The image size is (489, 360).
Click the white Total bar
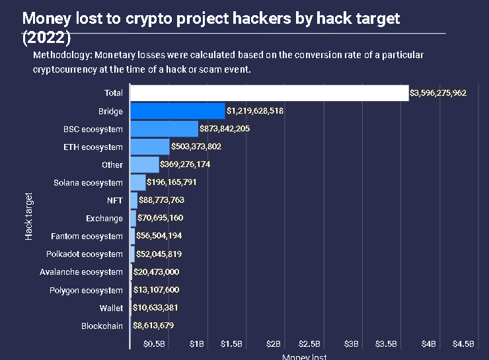(x=270, y=93)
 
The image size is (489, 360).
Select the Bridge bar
(x=178, y=111)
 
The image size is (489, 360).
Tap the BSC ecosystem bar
(x=164, y=129)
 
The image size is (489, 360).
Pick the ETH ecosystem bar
(x=150, y=147)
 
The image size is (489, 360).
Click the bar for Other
(x=145, y=164)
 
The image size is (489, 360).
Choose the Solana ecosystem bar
(x=138, y=182)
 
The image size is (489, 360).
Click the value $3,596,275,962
(x=439, y=94)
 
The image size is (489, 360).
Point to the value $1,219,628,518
(x=255, y=111)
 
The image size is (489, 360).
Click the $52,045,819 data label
(x=159, y=254)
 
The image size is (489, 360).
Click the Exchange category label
(x=104, y=219)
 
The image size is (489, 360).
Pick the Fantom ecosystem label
(x=87, y=236)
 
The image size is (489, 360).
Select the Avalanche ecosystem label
(x=81, y=272)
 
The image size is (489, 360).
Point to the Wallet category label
(x=111, y=308)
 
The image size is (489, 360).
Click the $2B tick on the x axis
(x=274, y=344)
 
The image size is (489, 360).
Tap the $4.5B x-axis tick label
(x=463, y=344)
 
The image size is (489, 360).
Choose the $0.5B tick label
(x=154, y=344)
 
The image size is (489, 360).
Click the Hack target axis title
(x=28, y=216)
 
